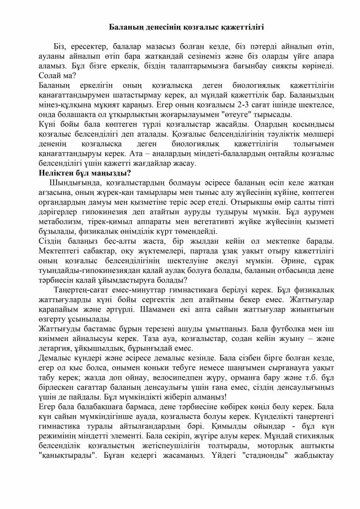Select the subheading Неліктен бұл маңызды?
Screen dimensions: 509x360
coord(84,173)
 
